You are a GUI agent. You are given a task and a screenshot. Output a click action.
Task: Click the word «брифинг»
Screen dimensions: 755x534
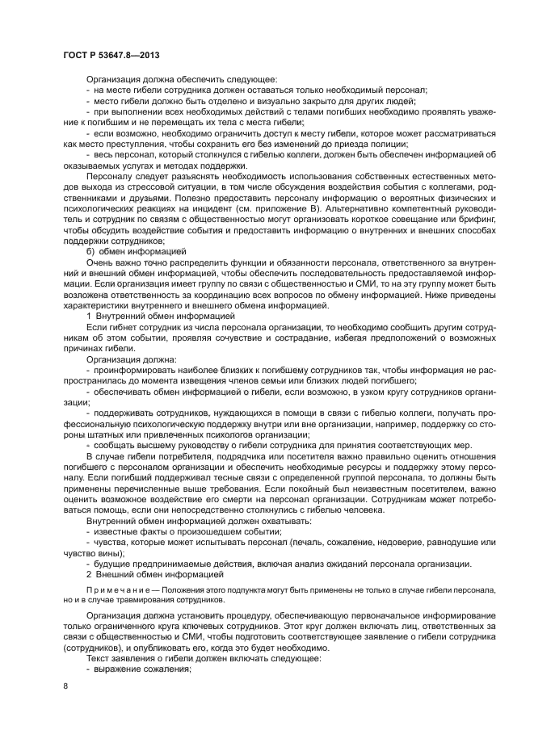(447, 216)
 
